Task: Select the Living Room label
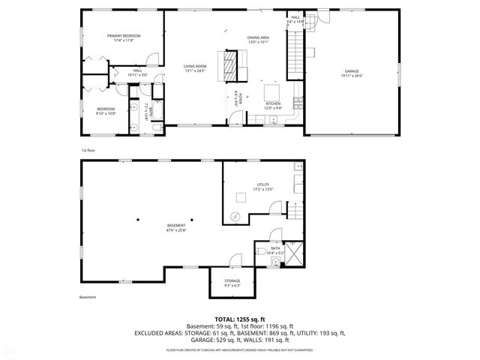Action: [x=195, y=67]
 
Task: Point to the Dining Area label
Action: [x=257, y=37]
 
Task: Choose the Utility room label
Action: [x=262, y=184]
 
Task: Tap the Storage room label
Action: [x=232, y=280]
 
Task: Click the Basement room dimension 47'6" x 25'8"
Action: [x=176, y=229]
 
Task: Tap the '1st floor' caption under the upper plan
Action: [x=88, y=151]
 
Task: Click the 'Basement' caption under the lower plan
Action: [x=88, y=297]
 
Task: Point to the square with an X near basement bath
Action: [x=295, y=254]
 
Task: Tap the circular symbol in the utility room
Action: [x=235, y=217]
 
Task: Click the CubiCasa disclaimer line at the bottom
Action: [x=240, y=349]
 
